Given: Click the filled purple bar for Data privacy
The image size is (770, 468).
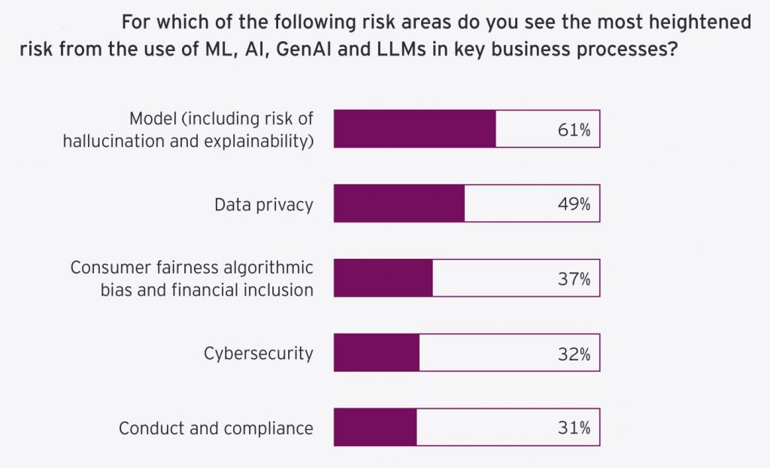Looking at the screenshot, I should [399, 204].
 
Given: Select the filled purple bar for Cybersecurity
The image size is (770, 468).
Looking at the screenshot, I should [377, 354].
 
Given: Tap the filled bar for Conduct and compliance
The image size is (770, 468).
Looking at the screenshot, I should [375, 428].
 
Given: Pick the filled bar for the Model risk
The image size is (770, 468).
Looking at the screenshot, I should [415, 129].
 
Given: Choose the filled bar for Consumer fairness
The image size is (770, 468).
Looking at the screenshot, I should [383, 278].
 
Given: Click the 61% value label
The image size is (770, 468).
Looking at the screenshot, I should [574, 130].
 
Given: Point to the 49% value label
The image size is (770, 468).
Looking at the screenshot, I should [574, 204].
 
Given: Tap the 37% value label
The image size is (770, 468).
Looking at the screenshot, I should [574, 279].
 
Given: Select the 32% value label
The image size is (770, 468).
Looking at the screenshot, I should [574, 354].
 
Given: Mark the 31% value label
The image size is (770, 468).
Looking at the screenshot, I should [574, 428].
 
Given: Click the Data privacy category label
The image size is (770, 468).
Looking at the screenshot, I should [263, 205].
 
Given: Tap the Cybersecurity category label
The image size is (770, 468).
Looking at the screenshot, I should [258, 354].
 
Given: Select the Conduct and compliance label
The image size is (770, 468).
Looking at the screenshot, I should [216, 429].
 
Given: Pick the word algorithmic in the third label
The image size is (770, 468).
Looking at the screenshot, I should [273, 268].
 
